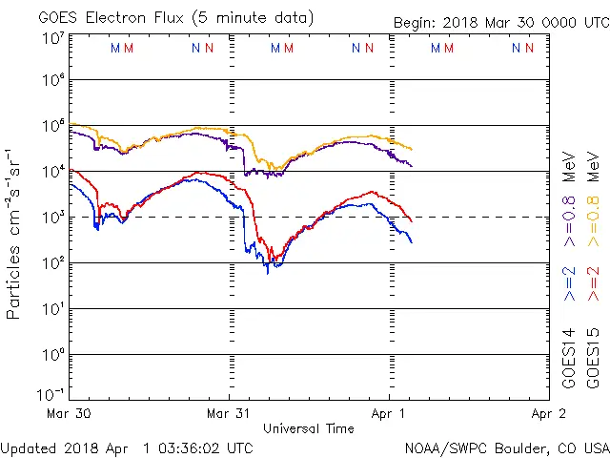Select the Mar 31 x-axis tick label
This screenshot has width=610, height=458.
click(x=229, y=413)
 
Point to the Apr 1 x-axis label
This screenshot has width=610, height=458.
click(x=388, y=413)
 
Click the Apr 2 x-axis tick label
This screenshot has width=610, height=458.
click(x=548, y=413)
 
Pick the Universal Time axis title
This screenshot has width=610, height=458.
click(x=309, y=428)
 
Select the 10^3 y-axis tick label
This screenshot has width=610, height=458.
click(x=53, y=218)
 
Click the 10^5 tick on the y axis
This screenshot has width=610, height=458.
click(x=53, y=126)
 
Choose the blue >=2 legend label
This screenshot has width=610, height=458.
click(x=570, y=284)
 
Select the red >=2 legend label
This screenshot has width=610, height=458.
click(x=596, y=284)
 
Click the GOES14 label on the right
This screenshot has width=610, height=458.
click(x=570, y=358)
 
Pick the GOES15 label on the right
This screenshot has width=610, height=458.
click(x=596, y=358)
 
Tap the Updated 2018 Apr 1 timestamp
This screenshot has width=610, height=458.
click(x=127, y=448)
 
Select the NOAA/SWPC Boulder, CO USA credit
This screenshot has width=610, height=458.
click(x=506, y=448)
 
